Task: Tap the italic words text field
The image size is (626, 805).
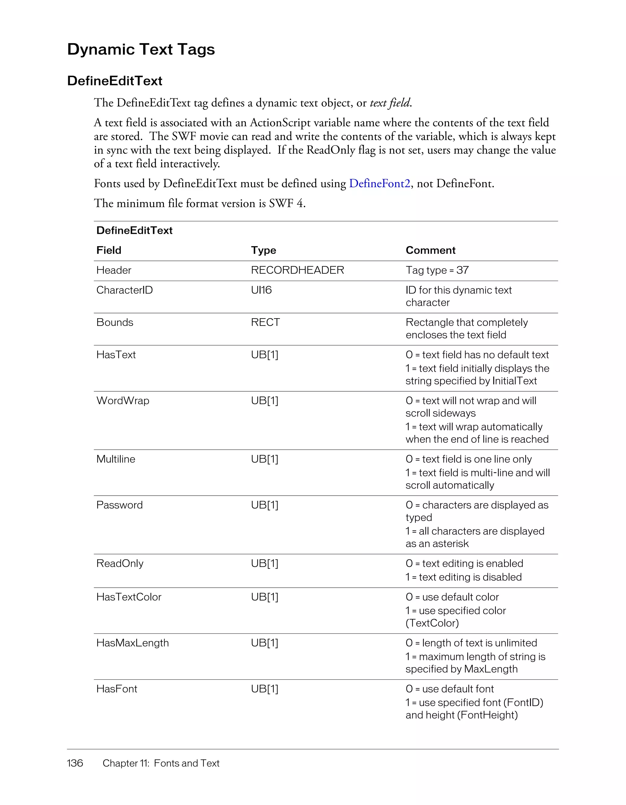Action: [x=390, y=103]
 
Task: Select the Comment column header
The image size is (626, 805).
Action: [x=430, y=250]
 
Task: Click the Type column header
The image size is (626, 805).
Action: [x=263, y=250]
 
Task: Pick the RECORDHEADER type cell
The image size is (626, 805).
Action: [x=297, y=270]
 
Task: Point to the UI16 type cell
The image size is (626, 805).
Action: [x=261, y=290]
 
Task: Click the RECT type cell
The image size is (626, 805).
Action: [x=265, y=323]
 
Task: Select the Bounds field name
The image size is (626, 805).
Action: [x=115, y=323]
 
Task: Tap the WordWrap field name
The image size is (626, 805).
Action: [x=123, y=401]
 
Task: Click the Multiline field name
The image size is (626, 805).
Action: [x=116, y=459]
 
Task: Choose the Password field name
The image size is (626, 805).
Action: [x=120, y=505]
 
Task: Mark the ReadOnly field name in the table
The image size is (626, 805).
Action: [x=120, y=563]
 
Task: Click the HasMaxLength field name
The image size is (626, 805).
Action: [x=132, y=643]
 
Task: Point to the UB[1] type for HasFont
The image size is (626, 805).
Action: [x=264, y=689]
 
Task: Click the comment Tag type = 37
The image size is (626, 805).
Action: [x=437, y=270]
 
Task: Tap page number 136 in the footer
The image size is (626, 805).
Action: [x=75, y=763]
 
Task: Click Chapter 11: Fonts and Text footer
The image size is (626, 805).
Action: [x=161, y=763]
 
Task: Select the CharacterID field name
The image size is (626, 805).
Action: [x=124, y=290]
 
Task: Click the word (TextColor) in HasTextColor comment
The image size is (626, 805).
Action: [x=432, y=623]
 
